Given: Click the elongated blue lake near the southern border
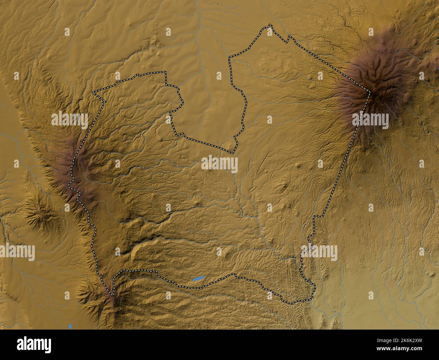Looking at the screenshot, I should click(x=199, y=279).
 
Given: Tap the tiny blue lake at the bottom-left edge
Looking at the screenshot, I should click(x=70, y=327).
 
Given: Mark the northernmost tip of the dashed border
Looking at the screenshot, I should click(x=269, y=25).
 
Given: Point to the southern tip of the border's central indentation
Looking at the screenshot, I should click(x=232, y=152).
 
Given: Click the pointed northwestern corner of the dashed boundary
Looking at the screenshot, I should click(x=93, y=92).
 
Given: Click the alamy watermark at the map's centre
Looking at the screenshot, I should click(x=219, y=164).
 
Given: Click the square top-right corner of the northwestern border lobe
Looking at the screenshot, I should click(x=166, y=72).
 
